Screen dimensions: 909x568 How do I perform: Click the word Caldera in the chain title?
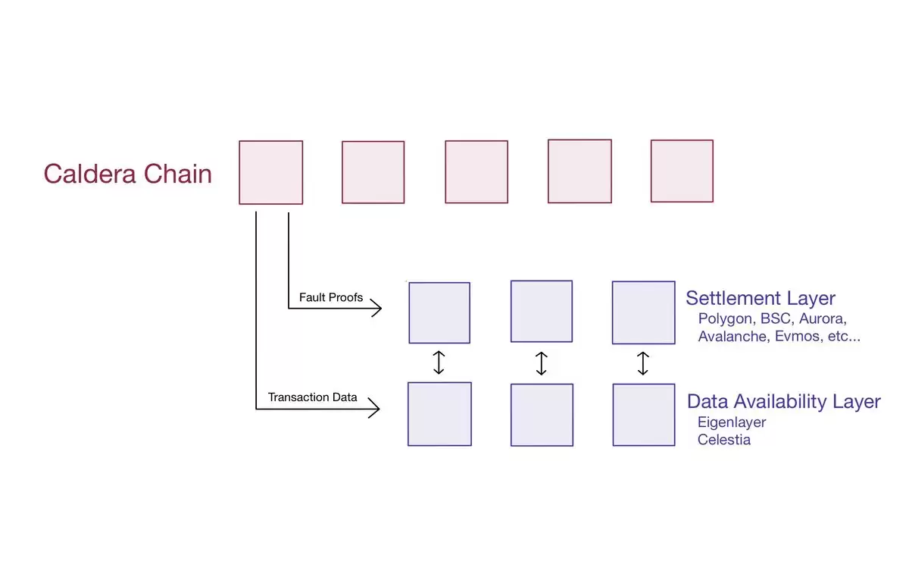coord(89,174)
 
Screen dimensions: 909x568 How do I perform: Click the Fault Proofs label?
coord(331,297)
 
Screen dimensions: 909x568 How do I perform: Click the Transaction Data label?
coord(312,397)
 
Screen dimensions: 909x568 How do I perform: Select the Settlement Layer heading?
coord(761,299)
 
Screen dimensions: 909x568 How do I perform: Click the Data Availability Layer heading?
coord(783,402)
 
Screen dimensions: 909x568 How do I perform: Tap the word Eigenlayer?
coord(732,422)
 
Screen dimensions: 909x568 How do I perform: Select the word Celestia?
coord(724,440)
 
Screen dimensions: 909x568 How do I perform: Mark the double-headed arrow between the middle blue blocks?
coord(542,363)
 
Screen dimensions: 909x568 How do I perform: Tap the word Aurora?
coord(823,319)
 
